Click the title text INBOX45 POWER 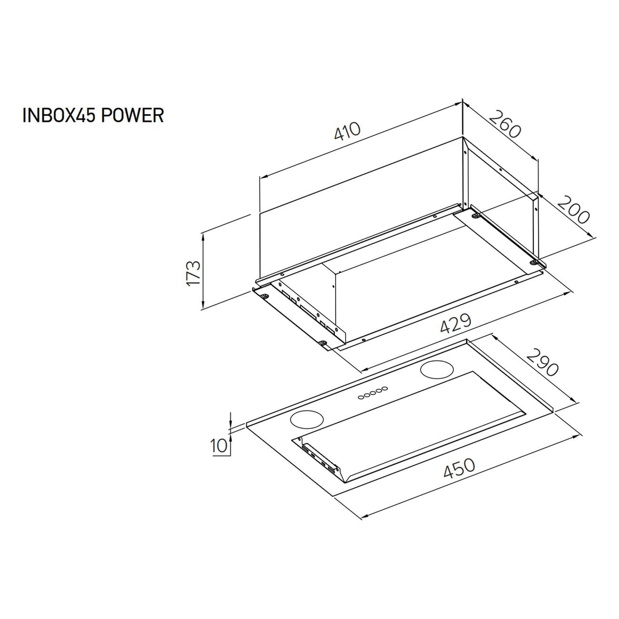click(x=93, y=115)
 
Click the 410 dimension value click(x=347, y=131)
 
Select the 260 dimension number click(x=505, y=124)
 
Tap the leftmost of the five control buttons click(x=361, y=398)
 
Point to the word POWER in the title click(x=133, y=115)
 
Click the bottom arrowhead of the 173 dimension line click(x=203, y=305)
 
